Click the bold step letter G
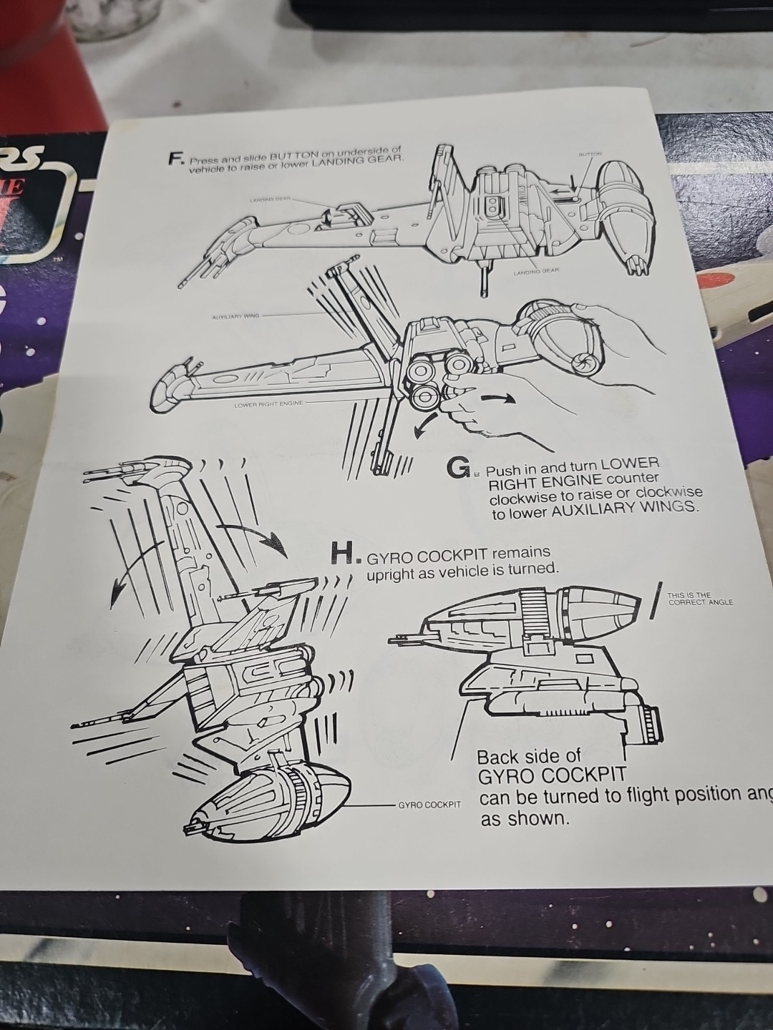pos(458,469)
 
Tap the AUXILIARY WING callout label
pos(235,315)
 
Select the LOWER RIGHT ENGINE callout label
pos(269,404)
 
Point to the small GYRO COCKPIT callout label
pos(429,805)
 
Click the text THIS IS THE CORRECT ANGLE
pos(699,599)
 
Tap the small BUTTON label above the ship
pos(590,154)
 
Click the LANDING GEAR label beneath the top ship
pos(535,272)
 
